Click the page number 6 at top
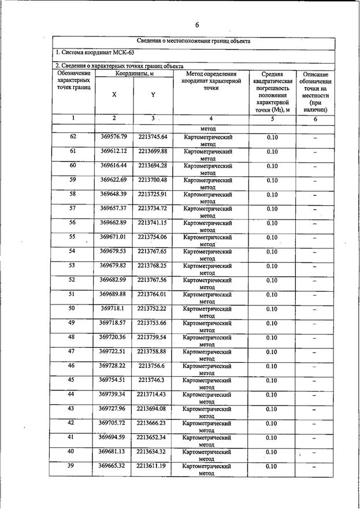coord(196,25)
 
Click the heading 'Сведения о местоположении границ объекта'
coord(194,42)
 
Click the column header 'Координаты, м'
coord(134,74)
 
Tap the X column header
coord(114,95)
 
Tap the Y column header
coord(153,95)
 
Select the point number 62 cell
coord(73,137)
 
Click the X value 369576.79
coord(113,137)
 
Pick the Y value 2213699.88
coord(153,151)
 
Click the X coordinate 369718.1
coord(113,309)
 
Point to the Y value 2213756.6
coord(153,366)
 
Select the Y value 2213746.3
coord(153,380)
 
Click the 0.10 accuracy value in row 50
coord(272,309)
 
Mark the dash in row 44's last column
coord(315,396)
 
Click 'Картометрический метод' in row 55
coord(207,240)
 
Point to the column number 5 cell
coord(272,118)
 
